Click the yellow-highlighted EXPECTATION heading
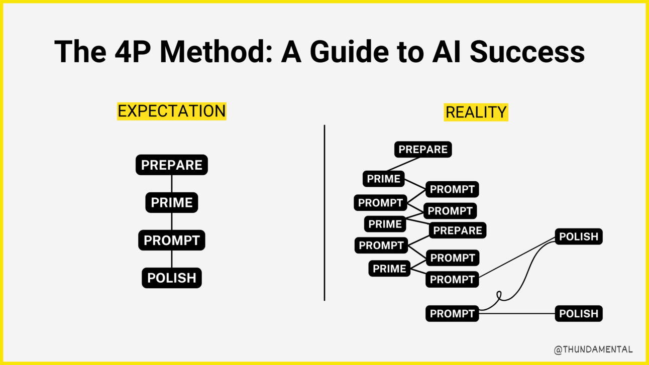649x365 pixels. coord(171,111)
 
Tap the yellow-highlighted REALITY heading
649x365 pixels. coord(476,112)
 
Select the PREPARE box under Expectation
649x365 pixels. coord(171,165)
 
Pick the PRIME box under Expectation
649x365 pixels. coord(171,202)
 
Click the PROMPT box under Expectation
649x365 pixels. coord(171,240)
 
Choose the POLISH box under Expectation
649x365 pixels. coord(171,278)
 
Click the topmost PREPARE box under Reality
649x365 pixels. coord(422,149)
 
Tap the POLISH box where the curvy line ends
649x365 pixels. coord(578,236)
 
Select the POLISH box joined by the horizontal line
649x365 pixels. coord(578,313)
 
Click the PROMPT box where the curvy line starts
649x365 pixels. coord(452,313)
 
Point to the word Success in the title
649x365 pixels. coord(527,51)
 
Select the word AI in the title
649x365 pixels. coord(447,51)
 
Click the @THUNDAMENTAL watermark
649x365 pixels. coord(593,349)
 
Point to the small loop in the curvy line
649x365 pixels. coord(499,295)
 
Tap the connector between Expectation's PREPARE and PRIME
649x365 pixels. coord(172,184)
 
